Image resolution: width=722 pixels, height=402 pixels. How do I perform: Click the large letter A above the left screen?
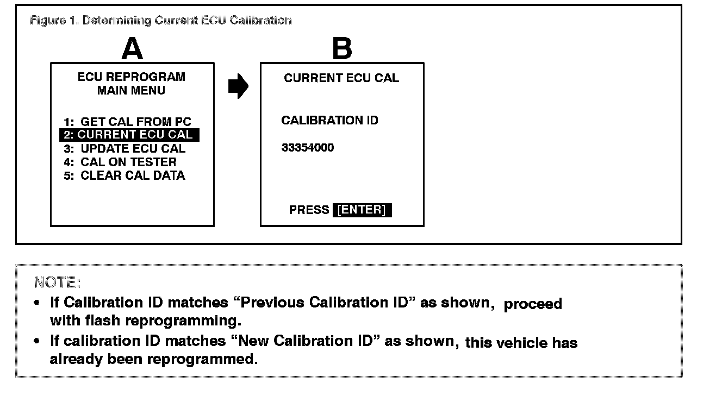pyautogui.click(x=132, y=49)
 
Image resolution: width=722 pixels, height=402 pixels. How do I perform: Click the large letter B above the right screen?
pyautogui.click(x=342, y=49)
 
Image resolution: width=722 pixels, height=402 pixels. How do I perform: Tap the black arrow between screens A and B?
pyautogui.click(x=238, y=86)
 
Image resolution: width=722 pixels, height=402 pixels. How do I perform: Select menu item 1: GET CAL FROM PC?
pyautogui.click(x=128, y=122)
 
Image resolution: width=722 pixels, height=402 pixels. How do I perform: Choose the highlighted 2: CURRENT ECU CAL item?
pyautogui.click(x=129, y=135)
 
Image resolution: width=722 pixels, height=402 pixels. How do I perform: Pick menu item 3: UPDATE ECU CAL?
pyautogui.click(x=125, y=148)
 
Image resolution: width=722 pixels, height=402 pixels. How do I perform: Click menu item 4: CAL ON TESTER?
pyautogui.click(x=120, y=162)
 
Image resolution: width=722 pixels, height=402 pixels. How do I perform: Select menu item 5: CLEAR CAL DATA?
pyautogui.click(x=125, y=175)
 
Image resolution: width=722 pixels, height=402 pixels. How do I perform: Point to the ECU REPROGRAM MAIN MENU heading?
pyautogui.click(x=131, y=84)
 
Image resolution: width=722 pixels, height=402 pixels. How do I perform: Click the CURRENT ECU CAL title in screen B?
pyautogui.click(x=341, y=78)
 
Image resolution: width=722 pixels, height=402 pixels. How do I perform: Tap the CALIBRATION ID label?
pyautogui.click(x=329, y=121)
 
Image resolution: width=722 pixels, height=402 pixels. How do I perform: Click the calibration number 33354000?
pyautogui.click(x=308, y=148)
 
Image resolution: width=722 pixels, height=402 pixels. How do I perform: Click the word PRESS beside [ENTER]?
pyautogui.click(x=309, y=210)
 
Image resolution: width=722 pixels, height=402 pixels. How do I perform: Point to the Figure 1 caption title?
pyautogui.click(x=161, y=21)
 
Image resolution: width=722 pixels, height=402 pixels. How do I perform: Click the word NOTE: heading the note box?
pyautogui.click(x=57, y=282)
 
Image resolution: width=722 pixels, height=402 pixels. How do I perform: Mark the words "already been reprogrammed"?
pyautogui.click(x=154, y=359)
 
